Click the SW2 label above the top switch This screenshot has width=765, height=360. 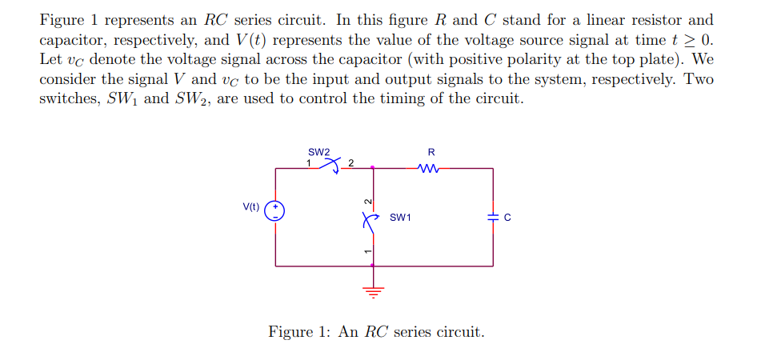[x=318, y=152]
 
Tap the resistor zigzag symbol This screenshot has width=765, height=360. [x=429, y=168]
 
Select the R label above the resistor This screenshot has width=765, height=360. [x=431, y=151]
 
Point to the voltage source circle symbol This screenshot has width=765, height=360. [x=276, y=210]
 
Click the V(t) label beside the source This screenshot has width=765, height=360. [x=251, y=206]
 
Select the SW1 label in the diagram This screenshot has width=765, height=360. [x=400, y=217]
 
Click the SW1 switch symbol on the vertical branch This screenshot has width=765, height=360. [x=369, y=218]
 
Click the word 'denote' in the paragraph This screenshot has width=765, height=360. [x=118, y=60]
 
